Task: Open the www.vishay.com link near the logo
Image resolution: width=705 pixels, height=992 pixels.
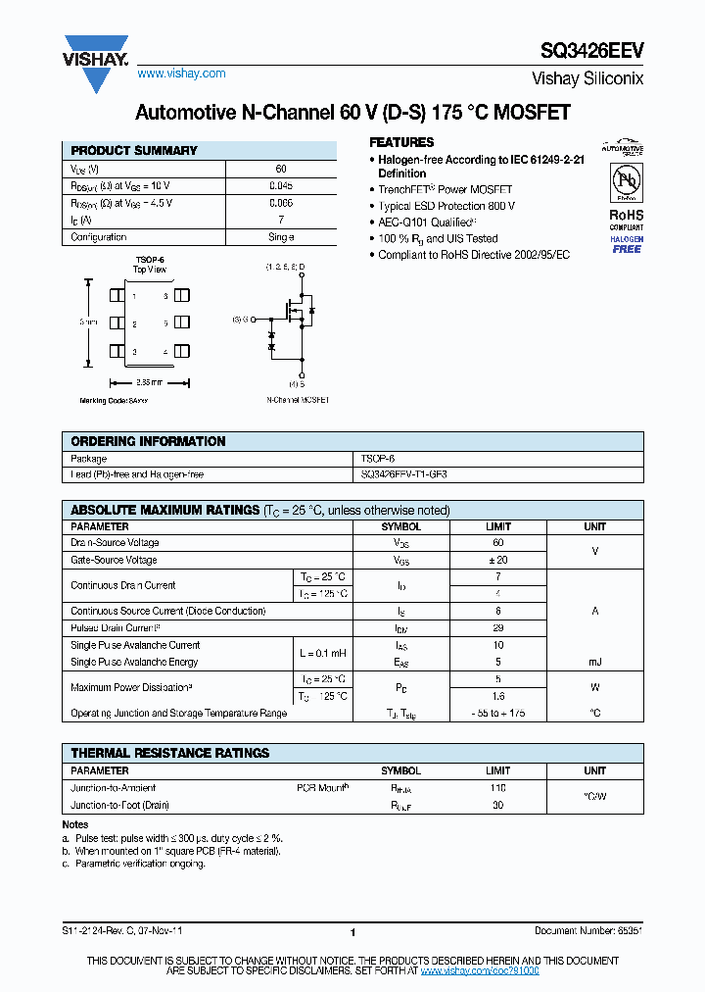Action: tap(181, 74)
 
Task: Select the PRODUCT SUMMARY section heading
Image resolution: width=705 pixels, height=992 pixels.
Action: tap(134, 151)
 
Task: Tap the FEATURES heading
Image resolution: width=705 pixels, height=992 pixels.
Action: tap(400, 142)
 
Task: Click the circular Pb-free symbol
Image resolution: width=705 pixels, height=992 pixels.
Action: tap(627, 182)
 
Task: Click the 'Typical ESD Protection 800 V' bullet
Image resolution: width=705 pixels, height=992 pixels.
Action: tap(446, 206)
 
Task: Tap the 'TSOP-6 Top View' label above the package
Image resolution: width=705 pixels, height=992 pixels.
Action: tap(150, 264)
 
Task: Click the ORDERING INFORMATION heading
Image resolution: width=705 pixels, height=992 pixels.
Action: tap(148, 441)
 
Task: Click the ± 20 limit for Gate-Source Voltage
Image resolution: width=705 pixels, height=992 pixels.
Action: tap(497, 560)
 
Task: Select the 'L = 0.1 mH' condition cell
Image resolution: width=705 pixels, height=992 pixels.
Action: tap(322, 653)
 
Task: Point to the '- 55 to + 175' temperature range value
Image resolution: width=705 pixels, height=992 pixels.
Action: tap(497, 713)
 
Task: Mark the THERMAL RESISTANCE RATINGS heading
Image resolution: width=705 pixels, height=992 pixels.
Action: tap(169, 753)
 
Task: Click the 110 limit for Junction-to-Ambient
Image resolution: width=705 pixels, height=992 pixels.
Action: tap(497, 788)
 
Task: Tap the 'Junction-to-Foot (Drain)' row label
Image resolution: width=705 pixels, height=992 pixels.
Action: tap(120, 805)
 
